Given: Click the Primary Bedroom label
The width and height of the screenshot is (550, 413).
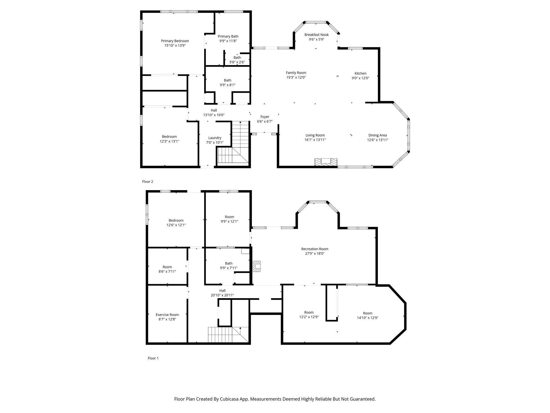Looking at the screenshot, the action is (x=175, y=41).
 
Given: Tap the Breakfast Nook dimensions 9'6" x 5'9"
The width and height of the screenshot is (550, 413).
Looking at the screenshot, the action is (x=316, y=39).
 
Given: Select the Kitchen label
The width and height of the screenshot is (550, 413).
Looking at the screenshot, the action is (x=360, y=73).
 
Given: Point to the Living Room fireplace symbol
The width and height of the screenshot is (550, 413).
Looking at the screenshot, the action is (x=326, y=162).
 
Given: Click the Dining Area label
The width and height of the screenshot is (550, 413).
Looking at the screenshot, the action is (x=378, y=135).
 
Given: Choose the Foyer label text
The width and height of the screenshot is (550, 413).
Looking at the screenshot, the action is (x=265, y=117).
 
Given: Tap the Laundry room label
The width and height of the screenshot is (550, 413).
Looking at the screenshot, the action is (x=215, y=138).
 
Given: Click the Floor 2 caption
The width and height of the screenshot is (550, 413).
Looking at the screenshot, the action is (x=147, y=181).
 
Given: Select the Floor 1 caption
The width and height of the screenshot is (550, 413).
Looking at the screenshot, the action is (x=153, y=358).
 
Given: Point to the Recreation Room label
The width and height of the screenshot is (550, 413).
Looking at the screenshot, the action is (x=315, y=249).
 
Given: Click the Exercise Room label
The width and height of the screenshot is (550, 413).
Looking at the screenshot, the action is (x=167, y=315).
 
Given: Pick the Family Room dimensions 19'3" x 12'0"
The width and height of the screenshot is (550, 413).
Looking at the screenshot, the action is (x=296, y=77).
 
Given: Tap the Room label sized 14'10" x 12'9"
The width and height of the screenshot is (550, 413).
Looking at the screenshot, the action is (x=368, y=313).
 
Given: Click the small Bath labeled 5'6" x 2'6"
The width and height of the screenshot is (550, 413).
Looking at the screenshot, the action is (x=237, y=58).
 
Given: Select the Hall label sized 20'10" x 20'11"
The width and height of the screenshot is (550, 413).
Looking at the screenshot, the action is (x=222, y=291).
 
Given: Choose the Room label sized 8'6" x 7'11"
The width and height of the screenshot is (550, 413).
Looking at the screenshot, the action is (x=167, y=267).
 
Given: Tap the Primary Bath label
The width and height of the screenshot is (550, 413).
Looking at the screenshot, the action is (x=228, y=36).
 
